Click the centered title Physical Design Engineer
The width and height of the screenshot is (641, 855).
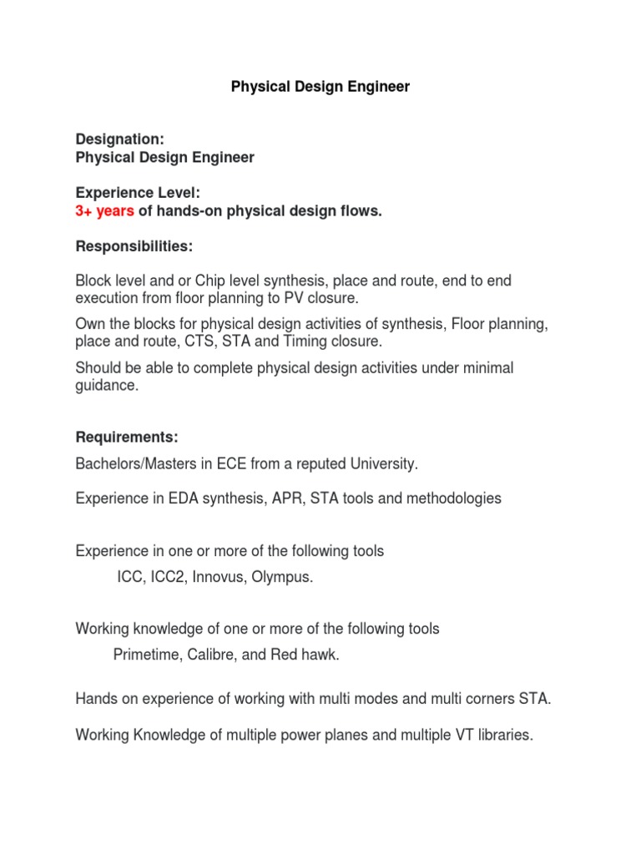320,87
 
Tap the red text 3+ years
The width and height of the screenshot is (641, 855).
104,211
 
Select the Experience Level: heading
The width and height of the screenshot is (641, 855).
138,194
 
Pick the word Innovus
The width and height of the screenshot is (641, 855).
219,578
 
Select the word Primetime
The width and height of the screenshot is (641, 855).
146,655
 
